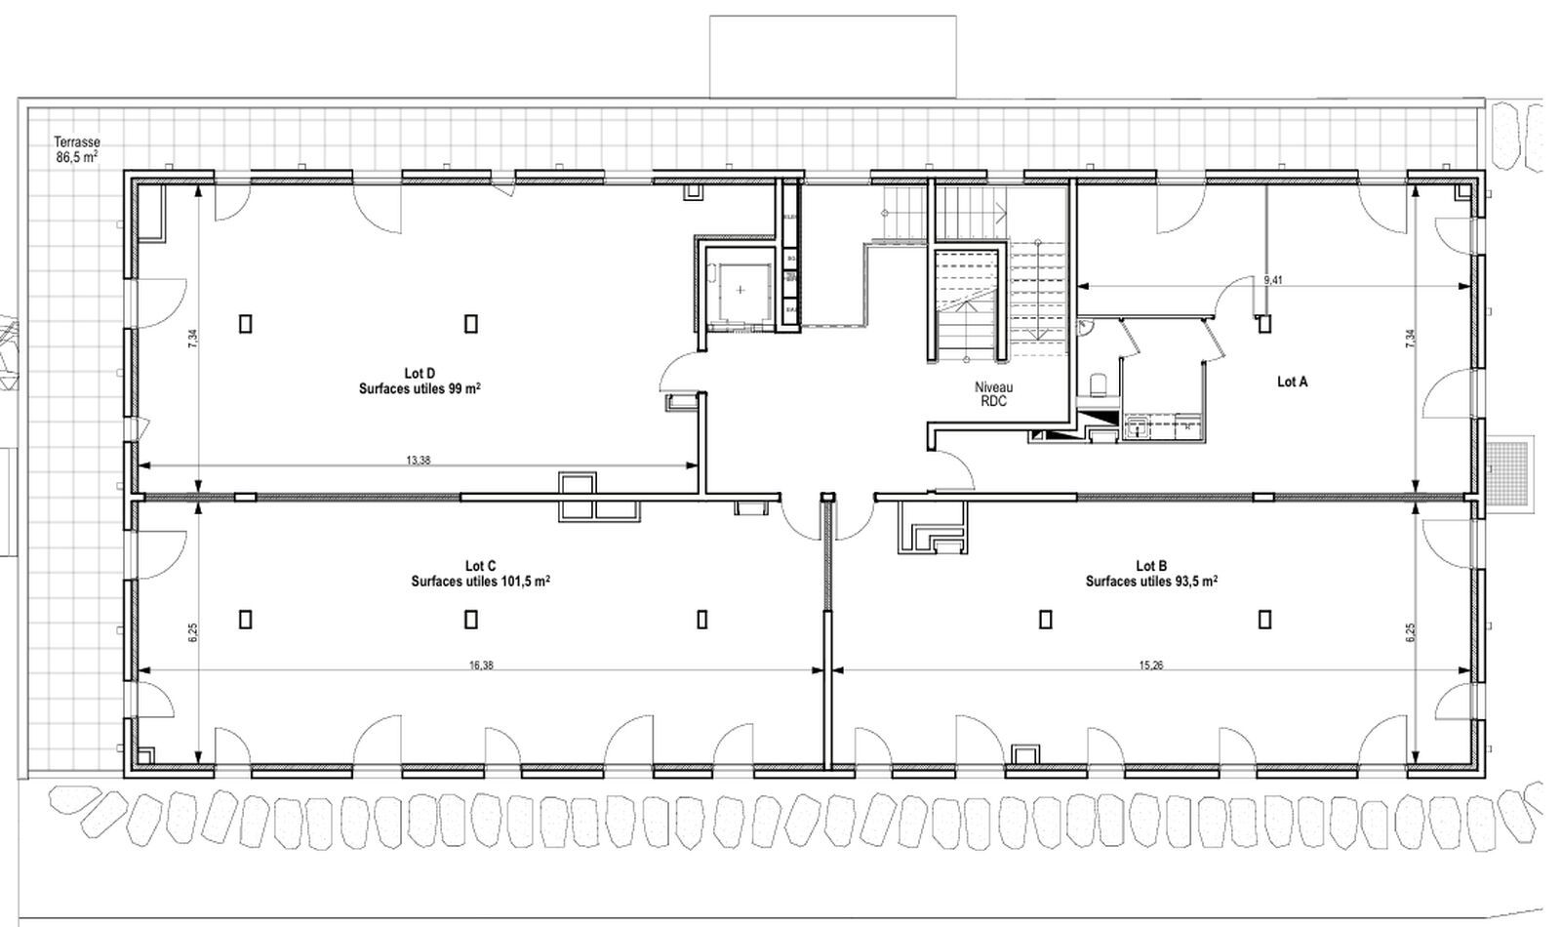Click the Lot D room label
click(419, 373)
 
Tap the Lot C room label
click(480, 566)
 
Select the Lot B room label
click(1151, 566)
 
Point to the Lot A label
click(1292, 383)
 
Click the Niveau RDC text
click(993, 394)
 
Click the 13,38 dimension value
click(417, 461)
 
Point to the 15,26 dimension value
click(1150, 665)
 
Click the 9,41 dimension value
click(1272, 280)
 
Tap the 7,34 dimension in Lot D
click(193, 337)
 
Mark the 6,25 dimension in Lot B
click(1411, 632)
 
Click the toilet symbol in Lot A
click(1098, 384)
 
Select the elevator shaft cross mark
click(740, 290)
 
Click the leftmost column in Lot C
click(245, 619)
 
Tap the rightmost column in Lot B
click(1265, 619)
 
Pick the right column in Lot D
click(470, 322)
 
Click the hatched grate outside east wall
click(1508, 471)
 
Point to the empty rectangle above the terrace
click(832, 56)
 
